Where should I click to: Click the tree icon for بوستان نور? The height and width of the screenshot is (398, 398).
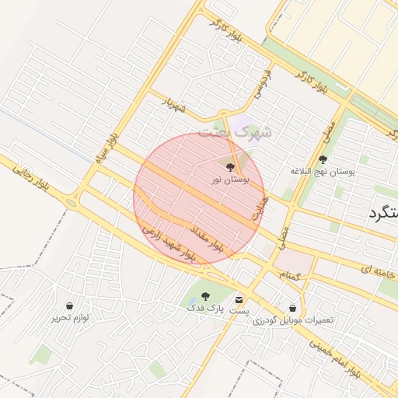click(229, 166)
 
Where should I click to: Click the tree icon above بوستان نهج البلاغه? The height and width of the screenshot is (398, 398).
click(323, 159)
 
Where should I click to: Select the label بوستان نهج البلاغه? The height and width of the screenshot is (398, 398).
click(323, 171)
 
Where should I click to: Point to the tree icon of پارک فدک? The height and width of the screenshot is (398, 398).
click(205, 296)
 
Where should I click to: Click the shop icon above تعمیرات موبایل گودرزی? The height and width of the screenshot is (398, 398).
click(292, 308)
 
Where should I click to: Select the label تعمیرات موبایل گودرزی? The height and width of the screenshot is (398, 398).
click(292, 320)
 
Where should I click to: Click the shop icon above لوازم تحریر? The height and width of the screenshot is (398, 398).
click(71, 305)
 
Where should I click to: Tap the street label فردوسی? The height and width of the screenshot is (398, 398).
click(262, 85)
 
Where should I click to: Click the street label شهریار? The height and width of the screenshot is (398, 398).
click(173, 103)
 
